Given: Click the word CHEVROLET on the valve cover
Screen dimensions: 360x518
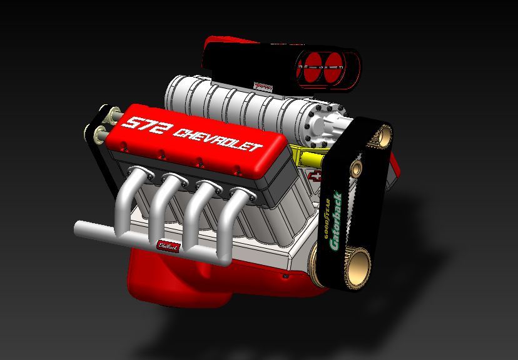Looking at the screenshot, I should (217, 140).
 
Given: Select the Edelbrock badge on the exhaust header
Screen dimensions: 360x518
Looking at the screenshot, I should (168, 246).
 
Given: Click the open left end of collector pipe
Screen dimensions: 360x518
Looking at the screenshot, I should (78, 229).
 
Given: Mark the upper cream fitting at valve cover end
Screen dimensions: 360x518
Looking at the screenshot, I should (114, 115).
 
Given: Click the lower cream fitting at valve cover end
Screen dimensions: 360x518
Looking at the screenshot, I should (99, 133).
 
